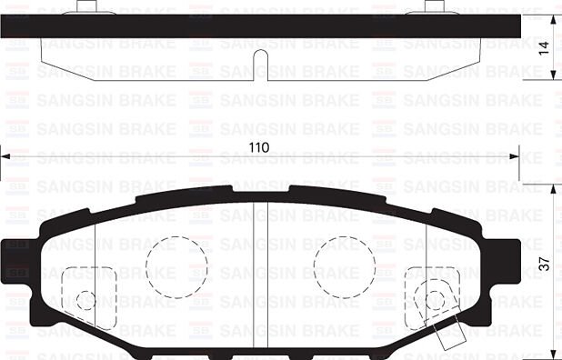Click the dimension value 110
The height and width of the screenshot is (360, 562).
pyautogui.click(x=261, y=146)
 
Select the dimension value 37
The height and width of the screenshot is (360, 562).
pyautogui.click(x=545, y=265)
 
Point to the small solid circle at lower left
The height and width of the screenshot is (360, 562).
pyautogui.click(x=85, y=300)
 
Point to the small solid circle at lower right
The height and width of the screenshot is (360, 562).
pyautogui.click(x=436, y=300)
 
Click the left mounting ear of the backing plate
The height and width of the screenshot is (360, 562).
pyautogui.click(x=16, y=258)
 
